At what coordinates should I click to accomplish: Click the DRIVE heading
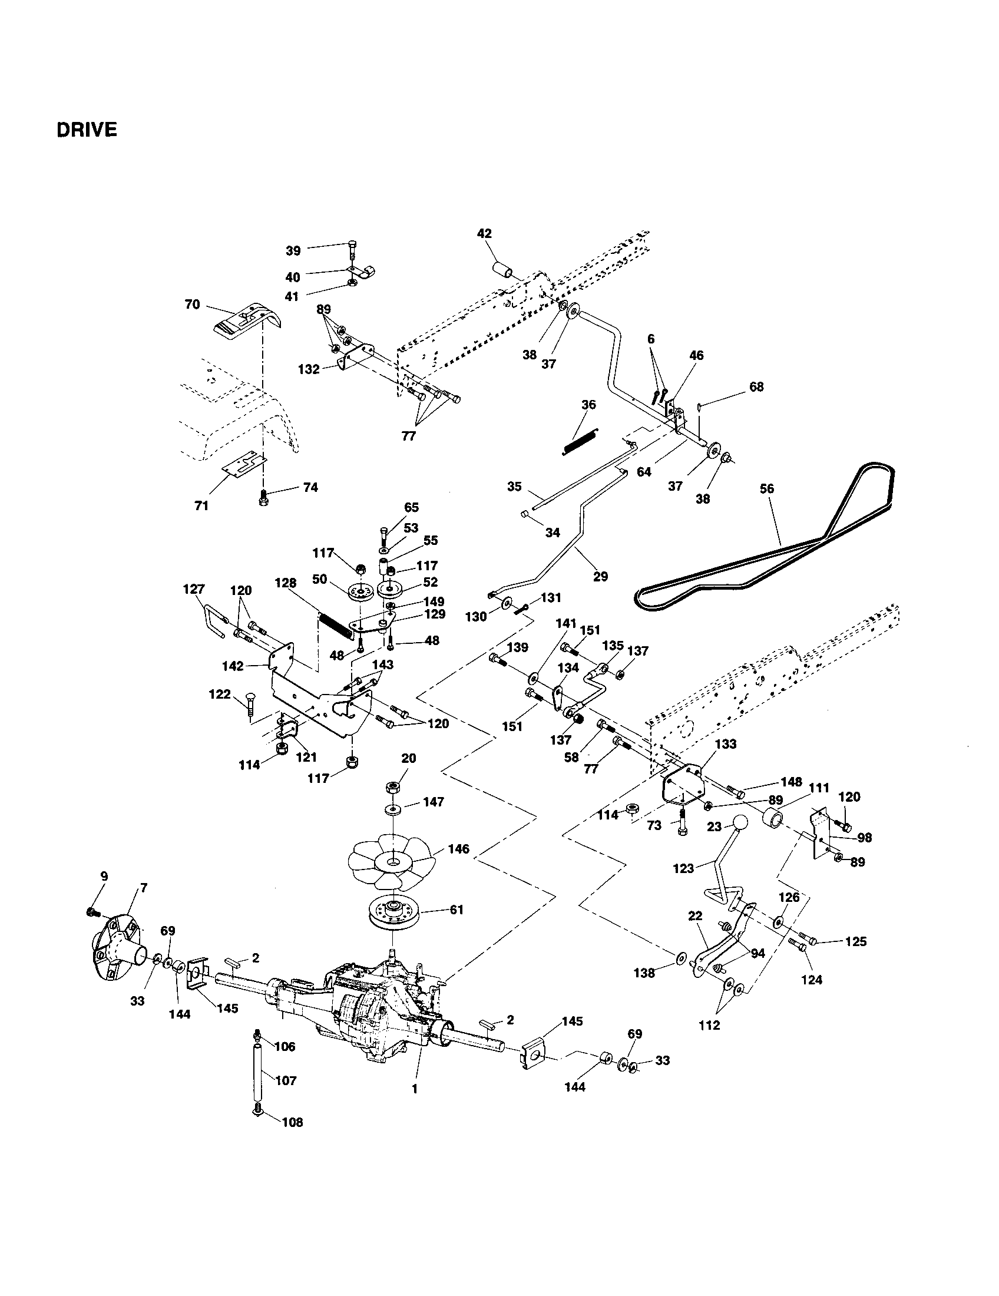[87, 130]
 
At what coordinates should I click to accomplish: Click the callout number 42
[484, 234]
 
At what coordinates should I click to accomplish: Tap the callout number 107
[286, 1080]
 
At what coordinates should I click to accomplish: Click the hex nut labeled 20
[393, 788]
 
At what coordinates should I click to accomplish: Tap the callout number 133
[726, 744]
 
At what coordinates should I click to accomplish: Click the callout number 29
[600, 576]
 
